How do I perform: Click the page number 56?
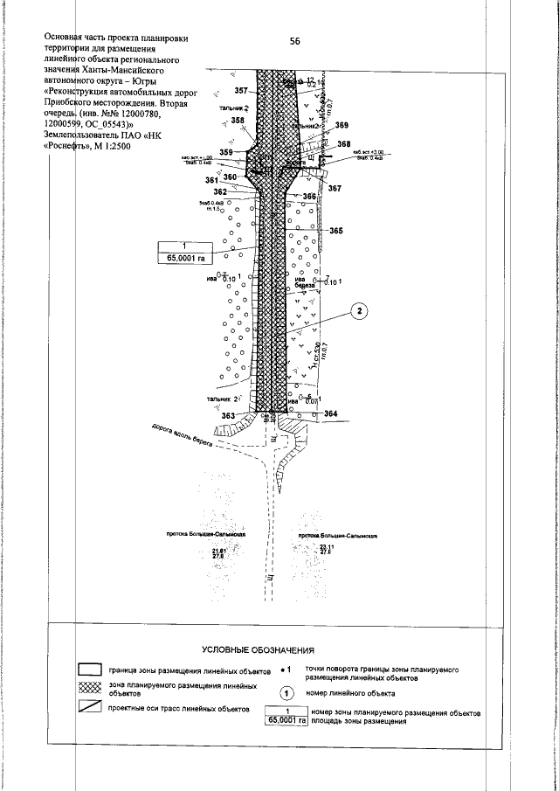294,40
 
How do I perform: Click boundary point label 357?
241,91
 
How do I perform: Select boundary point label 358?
238,121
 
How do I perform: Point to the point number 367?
335,189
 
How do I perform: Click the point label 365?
335,231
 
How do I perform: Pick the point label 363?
229,415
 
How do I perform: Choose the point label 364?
330,413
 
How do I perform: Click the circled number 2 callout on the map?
359,310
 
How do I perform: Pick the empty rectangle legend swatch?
90,669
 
